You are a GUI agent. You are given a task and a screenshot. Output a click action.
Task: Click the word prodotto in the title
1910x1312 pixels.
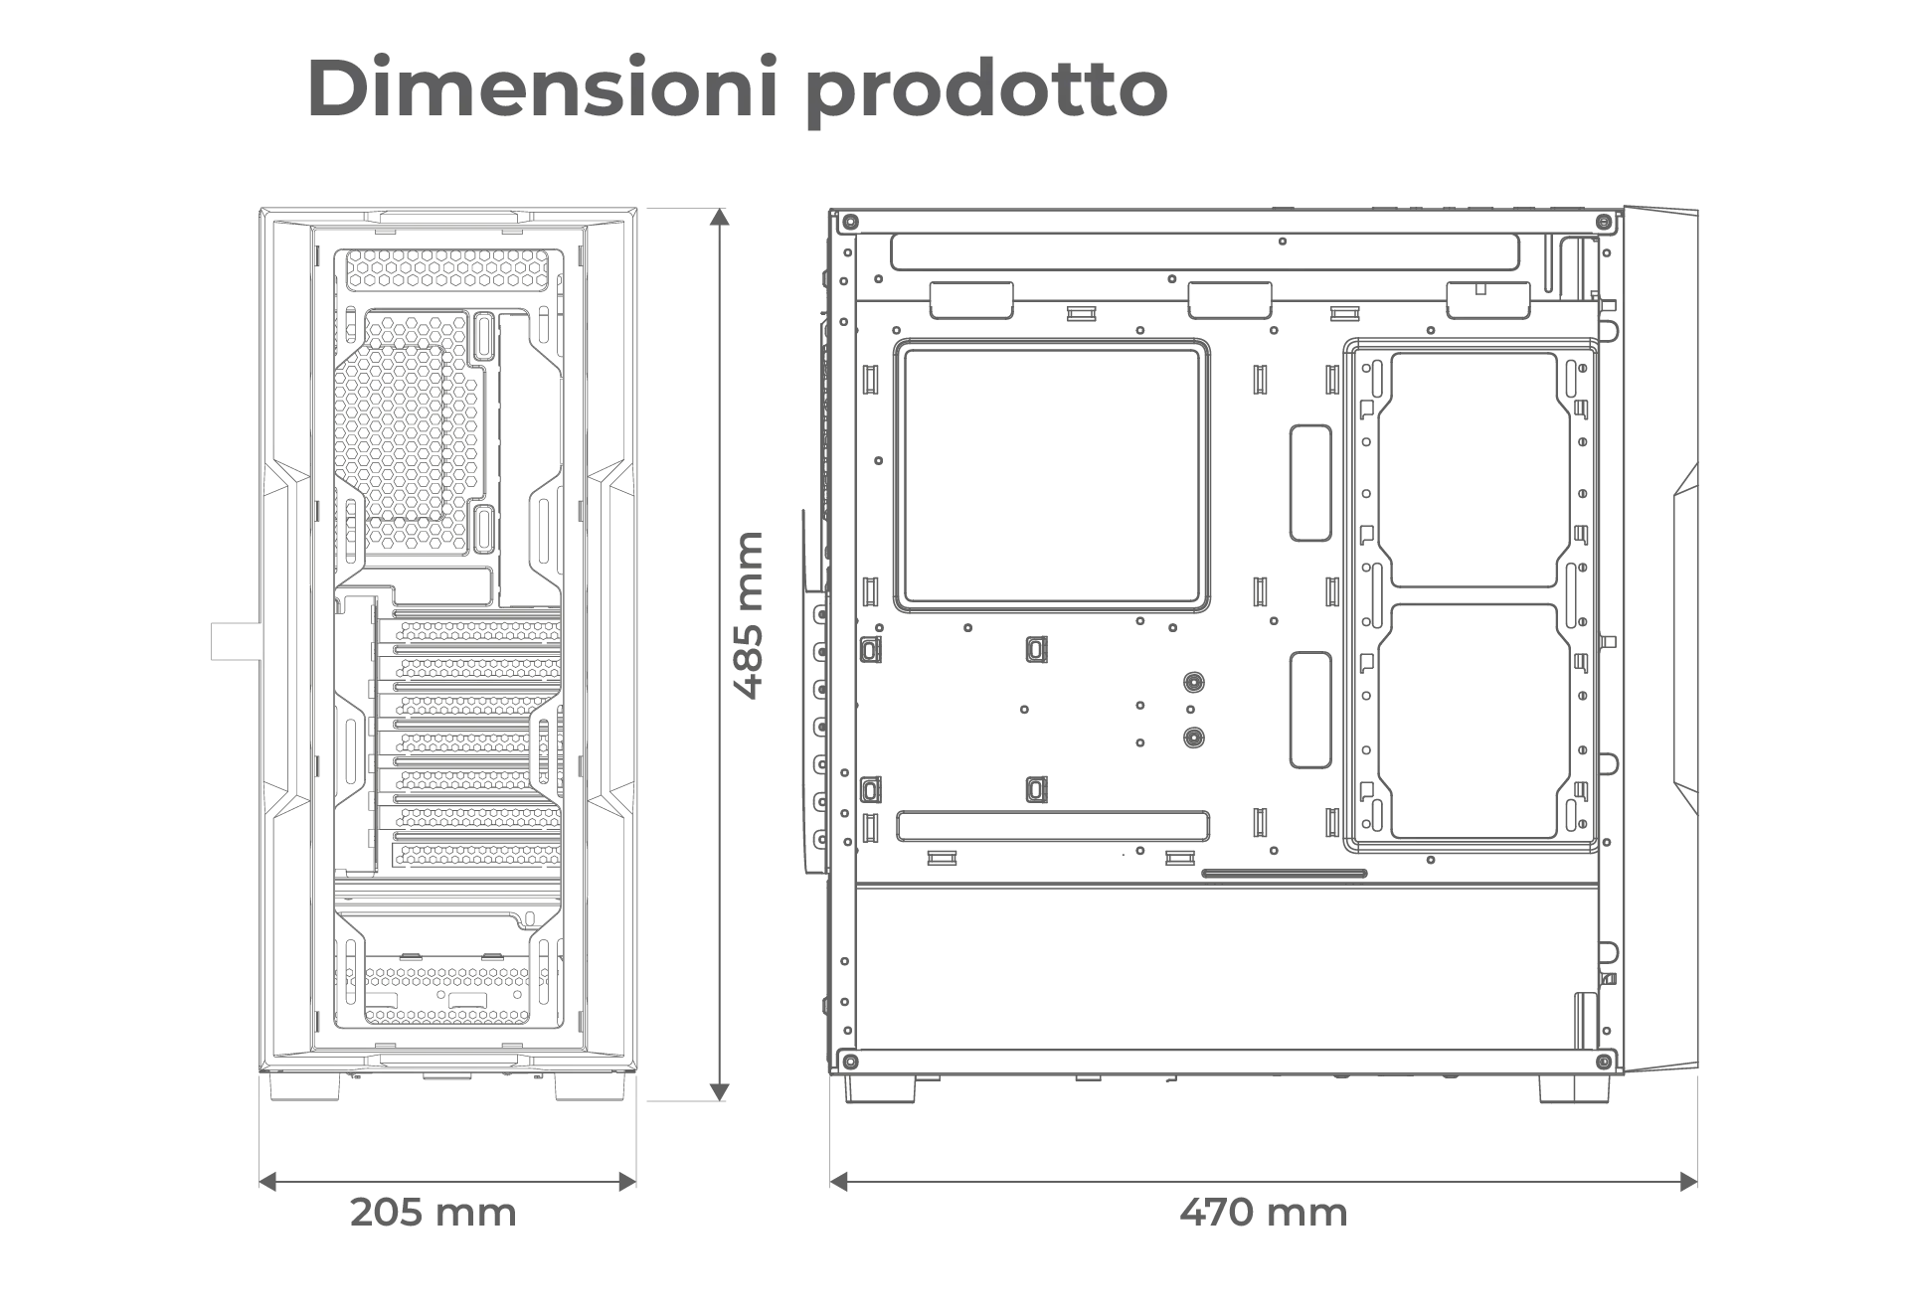[x=986, y=91]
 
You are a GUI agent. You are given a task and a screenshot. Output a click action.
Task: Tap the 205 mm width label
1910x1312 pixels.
[x=434, y=1213]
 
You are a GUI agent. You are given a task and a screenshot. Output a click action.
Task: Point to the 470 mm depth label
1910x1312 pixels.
[x=1264, y=1213]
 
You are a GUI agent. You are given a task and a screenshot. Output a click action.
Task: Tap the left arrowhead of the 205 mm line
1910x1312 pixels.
[x=268, y=1181]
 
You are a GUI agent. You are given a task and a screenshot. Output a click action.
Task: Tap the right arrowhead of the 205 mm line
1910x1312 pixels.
[x=626, y=1181]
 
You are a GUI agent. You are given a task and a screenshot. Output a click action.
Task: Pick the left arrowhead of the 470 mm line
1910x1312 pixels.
[x=840, y=1181]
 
